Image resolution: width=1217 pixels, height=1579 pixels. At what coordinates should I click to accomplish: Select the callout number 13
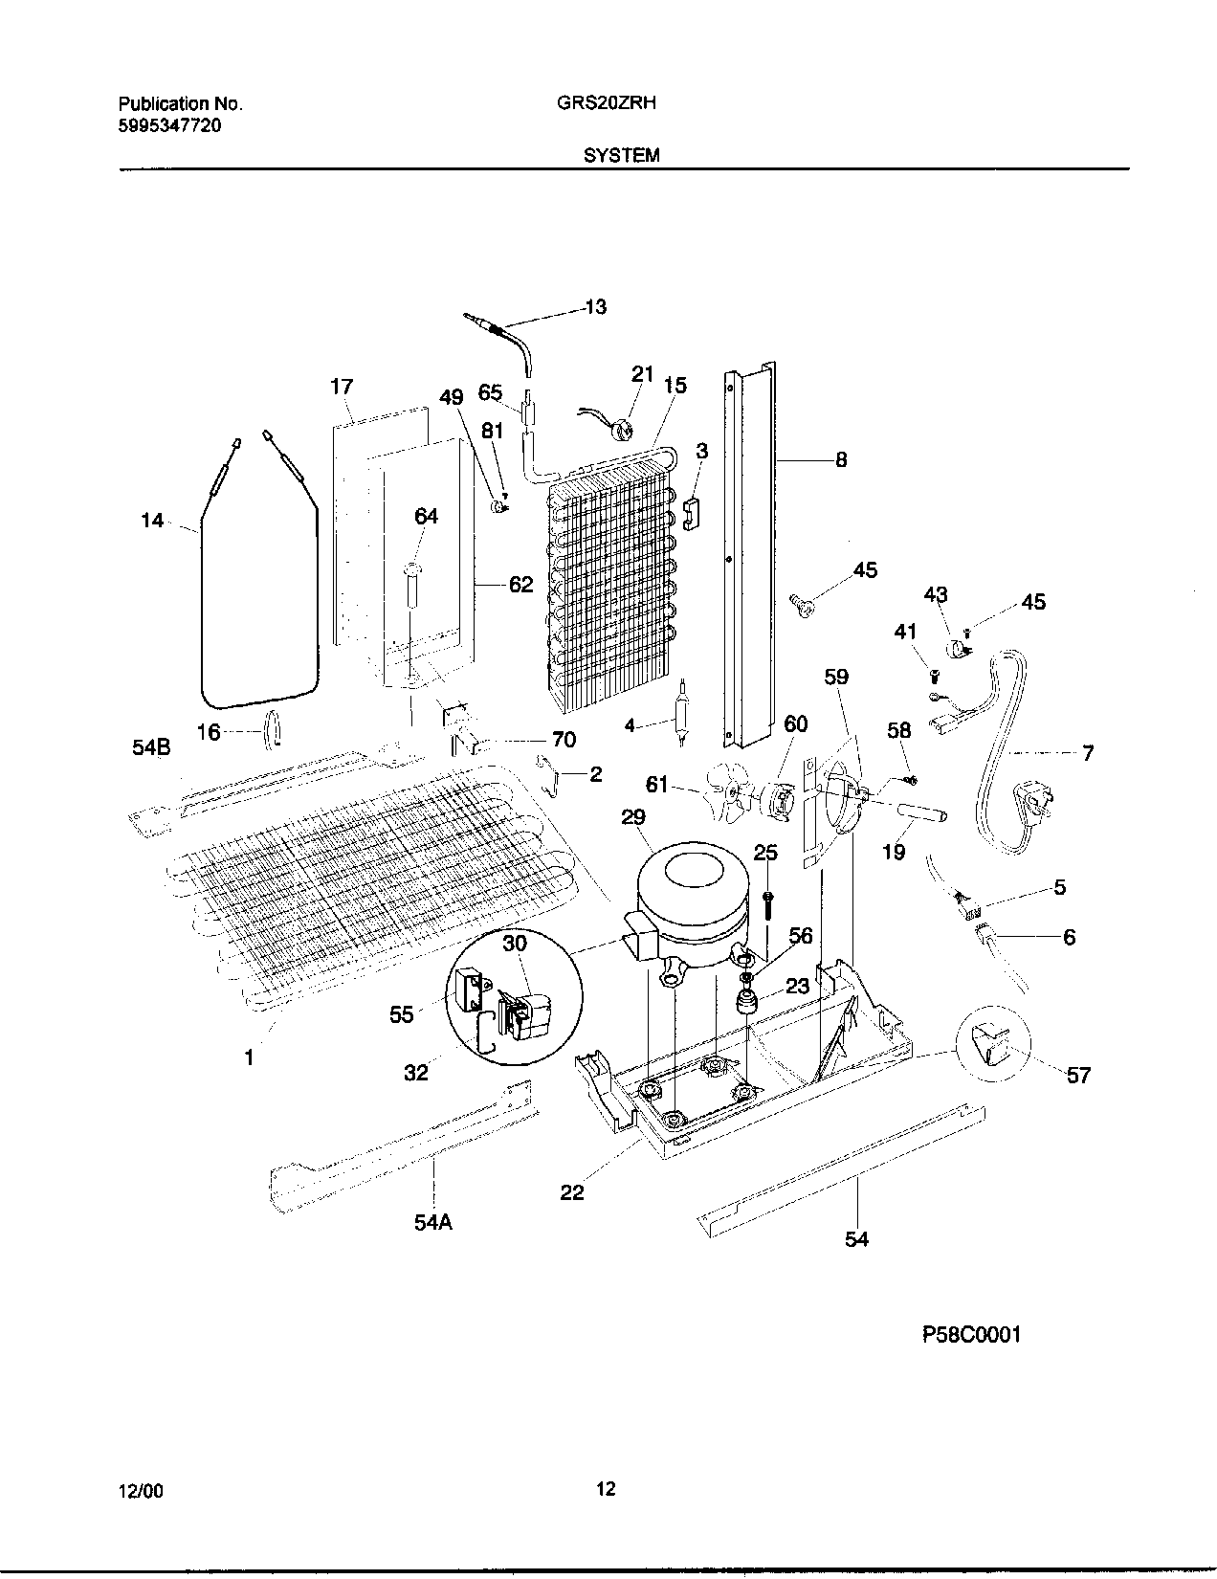tap(595, 307)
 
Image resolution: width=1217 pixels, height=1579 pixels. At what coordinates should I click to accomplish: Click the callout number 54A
tap(433, 1222)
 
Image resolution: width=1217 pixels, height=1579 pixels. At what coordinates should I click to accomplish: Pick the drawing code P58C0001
tap(971, 1335)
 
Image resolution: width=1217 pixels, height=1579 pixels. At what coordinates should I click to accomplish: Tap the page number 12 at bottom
tap(605, 1488)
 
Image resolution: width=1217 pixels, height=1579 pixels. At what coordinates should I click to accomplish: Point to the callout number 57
tap(1078, 1076)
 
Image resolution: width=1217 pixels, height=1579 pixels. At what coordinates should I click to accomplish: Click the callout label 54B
tap(151, 748)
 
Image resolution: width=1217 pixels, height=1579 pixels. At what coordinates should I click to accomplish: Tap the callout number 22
tap(571, 1192)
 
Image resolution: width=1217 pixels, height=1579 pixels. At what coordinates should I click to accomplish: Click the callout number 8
tap(841, 459)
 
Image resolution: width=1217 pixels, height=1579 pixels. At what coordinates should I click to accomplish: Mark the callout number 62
tap(520, 583)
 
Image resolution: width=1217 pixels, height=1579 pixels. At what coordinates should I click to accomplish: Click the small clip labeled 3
tap(692, 512)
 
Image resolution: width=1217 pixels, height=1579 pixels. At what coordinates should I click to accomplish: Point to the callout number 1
tap(249, 1057)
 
